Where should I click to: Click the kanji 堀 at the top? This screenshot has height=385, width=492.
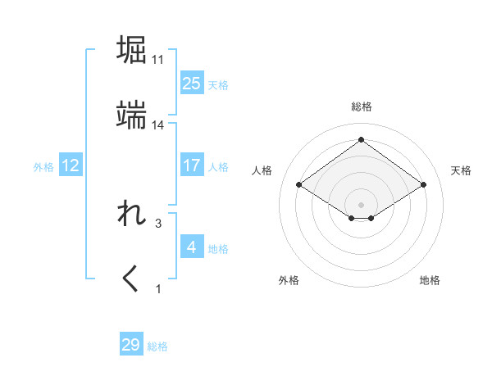pos(132,50)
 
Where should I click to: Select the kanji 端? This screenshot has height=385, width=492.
pos(132,115)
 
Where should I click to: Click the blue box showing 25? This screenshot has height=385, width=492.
pos(191,83)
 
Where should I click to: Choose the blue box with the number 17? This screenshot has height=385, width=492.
pos(191,165)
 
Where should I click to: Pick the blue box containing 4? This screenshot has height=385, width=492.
pos(191,247)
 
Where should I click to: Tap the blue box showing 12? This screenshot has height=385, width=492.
pos(71,165)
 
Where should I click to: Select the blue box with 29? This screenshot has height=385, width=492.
pos(131,345)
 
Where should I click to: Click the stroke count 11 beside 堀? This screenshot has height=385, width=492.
pos(158,60)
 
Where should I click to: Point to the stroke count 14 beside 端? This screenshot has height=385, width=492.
pos(158,125)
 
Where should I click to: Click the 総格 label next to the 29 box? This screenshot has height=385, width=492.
pos(157,346)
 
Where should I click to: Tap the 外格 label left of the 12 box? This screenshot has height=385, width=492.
pos(43,167)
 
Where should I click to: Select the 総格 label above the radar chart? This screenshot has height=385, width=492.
pos(361,106)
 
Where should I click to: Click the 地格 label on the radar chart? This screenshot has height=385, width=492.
pos(430,280)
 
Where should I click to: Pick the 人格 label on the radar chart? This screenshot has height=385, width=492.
pos(262,170)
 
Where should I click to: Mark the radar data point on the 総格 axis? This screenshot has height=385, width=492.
pos(361,140)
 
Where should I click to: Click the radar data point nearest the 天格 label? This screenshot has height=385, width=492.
pos(423,185)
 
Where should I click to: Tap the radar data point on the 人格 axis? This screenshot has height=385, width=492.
pos(300,185)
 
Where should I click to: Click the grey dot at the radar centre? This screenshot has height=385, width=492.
pos(361,203)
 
